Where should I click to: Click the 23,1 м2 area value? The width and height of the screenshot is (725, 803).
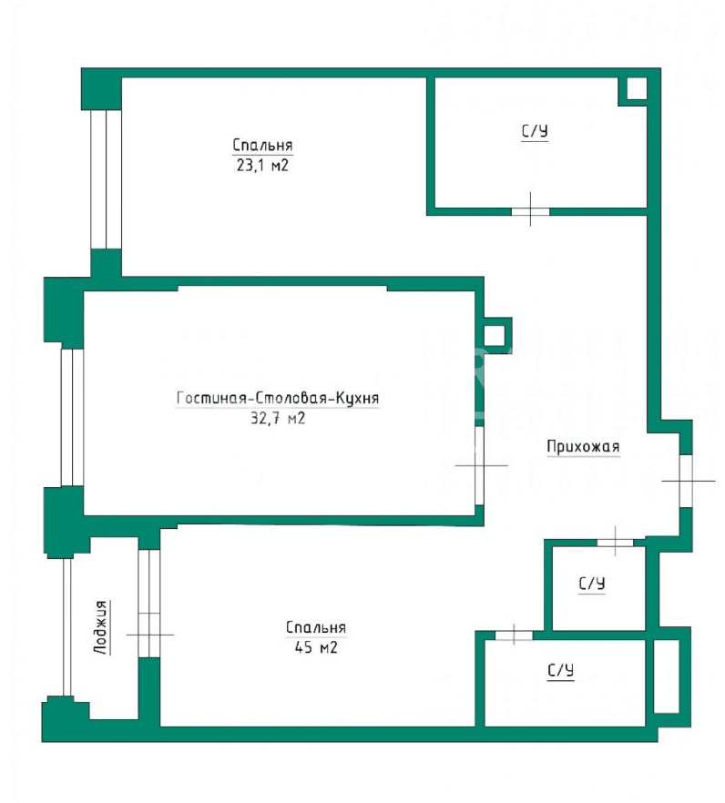pos(262,166)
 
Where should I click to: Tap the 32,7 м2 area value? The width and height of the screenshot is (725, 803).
pos(278,419)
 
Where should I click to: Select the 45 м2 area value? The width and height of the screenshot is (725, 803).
pos(316,647)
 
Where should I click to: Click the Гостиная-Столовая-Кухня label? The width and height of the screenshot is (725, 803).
pos(278,398)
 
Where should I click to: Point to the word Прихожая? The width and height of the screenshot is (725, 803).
pos(583,446)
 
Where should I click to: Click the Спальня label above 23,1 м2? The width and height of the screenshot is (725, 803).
pos(262,145)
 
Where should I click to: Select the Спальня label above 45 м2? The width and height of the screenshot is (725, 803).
pos(316,627)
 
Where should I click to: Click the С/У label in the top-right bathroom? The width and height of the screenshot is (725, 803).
pos(535,131)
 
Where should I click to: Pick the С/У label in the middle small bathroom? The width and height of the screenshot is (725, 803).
pos(592,584)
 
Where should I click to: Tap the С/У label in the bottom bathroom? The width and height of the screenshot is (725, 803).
pos(560,670)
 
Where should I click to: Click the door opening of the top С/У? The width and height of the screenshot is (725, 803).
pos(530,211)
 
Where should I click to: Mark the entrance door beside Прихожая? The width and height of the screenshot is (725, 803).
pos(686,481)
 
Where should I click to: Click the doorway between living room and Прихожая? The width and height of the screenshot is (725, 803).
pos(479,465)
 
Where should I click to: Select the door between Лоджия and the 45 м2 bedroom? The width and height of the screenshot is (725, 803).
pos(149,604)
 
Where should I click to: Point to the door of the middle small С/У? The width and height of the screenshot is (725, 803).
pos(615,543)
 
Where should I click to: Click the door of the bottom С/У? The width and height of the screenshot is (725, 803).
pos(514,635)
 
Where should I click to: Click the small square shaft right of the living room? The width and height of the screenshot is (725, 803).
pos(494,335)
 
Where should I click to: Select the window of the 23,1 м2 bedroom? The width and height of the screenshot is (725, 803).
pos(106,179)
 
